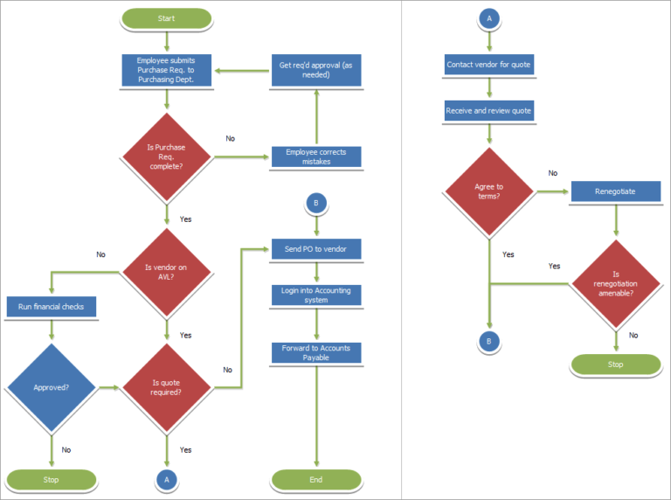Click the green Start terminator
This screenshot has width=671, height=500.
pyautogui.click(x=167, y=18)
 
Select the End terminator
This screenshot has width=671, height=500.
pyautogui.click(x=316, y=479)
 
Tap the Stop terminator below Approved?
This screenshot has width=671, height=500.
pyautogui.click(x=52, y=479)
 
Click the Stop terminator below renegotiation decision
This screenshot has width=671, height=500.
pyautogui.click(x=616, y=365)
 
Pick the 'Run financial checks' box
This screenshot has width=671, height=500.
pyautogui.click(x=52, y=307)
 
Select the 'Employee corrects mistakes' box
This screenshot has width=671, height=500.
pyautogui.click(x=316, y=156)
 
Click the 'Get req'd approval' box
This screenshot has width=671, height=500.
pyautogui.click(x=316, y=70)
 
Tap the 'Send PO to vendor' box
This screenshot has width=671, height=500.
pyautogui.click(x=316, y=249)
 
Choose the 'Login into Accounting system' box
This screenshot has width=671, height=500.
pyautogui.click(x=316, y=295)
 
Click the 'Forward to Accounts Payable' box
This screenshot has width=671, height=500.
pyautogui.click(x=316, y=353)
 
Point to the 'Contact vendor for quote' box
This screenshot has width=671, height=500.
pyautogui.click(x=489, y=65)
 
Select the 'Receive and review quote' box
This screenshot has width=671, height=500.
pyautogui.click(x=489, y=110)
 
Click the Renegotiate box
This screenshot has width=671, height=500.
pyautogui.click(x=616, y=191)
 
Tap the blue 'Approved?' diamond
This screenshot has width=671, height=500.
pyautogui.click(x=52, y=387)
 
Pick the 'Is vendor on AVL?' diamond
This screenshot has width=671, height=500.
pyautogui.click(x=167, y=272)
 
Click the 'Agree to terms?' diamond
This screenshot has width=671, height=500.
pyautogui.click(x=489, y=191)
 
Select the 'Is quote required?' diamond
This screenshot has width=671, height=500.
pyautogui.click(x=167, y=387)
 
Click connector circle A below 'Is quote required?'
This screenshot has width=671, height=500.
pyautogui.click(x=167, y=479)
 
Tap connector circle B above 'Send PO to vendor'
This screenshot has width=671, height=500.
pyautogui.click(x=316, y=203)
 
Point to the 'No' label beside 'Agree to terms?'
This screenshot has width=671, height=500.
pyautogui.click(x=553, y=173)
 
